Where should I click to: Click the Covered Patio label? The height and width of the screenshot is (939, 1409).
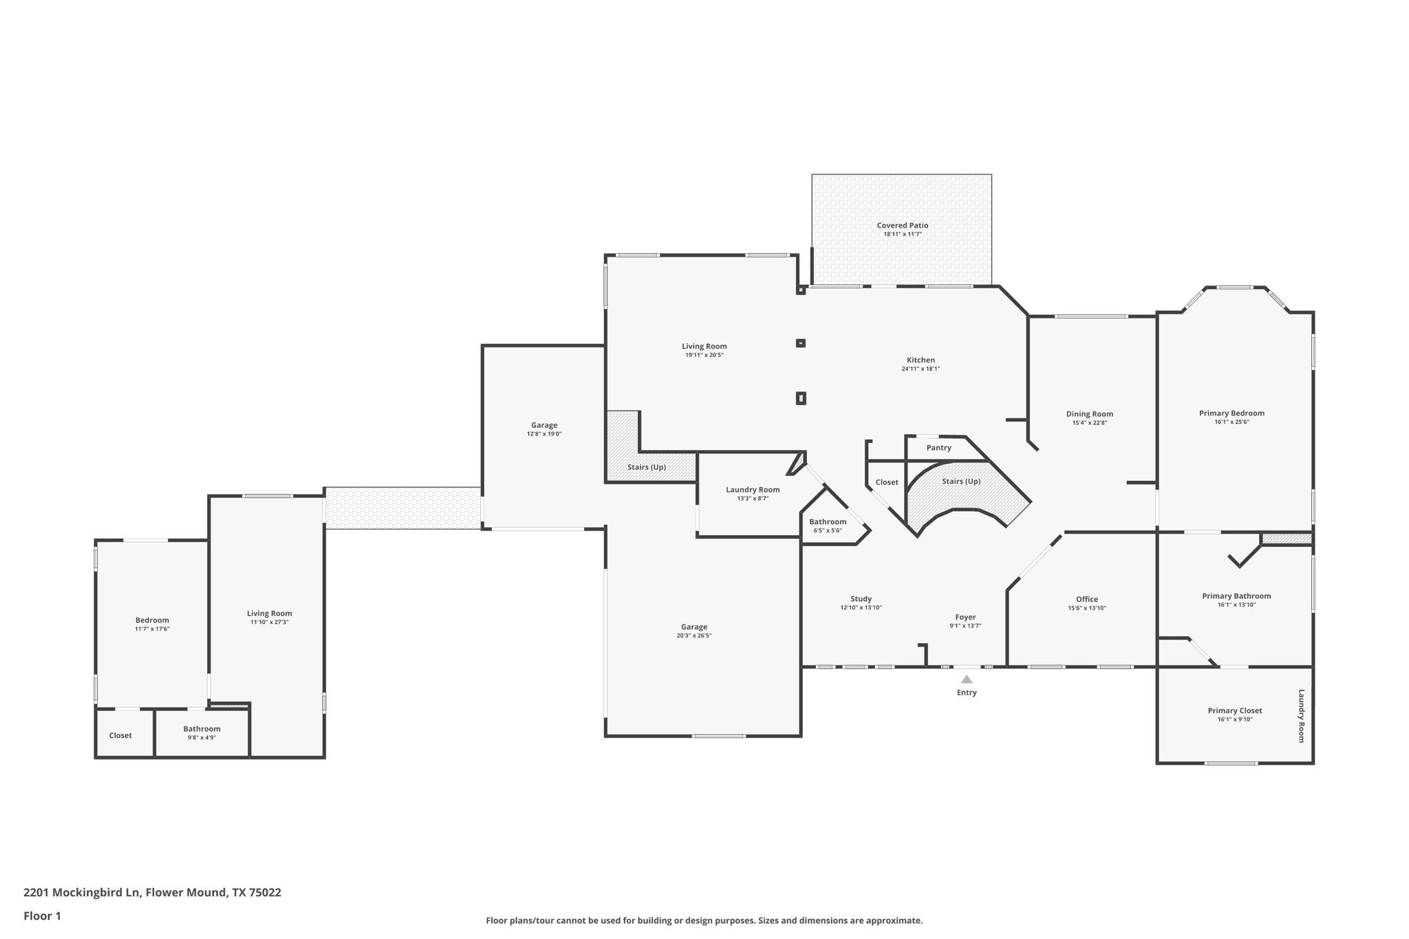point(902,225)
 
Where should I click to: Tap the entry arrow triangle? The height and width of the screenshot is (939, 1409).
point(967,680)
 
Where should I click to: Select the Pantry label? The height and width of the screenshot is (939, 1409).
point(938,448)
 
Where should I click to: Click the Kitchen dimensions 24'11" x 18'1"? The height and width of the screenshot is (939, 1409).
point(921,369)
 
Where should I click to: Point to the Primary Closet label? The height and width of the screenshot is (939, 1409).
point(1235,711)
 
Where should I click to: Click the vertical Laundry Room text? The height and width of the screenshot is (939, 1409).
point(1301,715)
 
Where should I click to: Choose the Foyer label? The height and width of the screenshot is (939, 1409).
point(965,617)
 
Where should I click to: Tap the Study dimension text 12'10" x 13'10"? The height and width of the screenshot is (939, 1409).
point(861,608)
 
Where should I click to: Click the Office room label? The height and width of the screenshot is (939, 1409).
point(1087,599)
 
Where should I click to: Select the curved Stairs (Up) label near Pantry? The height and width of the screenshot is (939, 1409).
point(961,482)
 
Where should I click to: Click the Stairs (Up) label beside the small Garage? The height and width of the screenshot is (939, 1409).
point(646,467)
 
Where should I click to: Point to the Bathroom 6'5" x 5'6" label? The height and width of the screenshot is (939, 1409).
point(828,521)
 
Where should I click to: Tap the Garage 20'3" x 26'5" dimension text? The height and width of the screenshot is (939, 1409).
point(693,636)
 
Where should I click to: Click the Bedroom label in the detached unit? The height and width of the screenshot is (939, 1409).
point(152,620)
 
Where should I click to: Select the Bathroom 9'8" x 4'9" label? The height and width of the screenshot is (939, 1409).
point(202,729)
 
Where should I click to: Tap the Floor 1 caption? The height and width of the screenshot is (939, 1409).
point(42,916)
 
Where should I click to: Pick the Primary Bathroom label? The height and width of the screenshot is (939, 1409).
point(1236,596)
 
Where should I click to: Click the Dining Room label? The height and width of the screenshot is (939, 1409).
point(1090,413)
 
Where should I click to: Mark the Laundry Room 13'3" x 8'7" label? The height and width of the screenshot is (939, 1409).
point(753,490)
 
